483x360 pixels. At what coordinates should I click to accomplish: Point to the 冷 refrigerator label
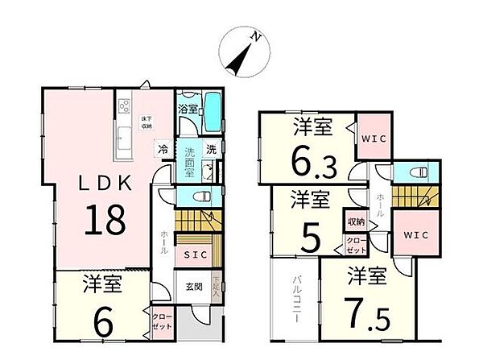[163, 149]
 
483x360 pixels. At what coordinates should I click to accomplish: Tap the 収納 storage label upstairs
[354, 221]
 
